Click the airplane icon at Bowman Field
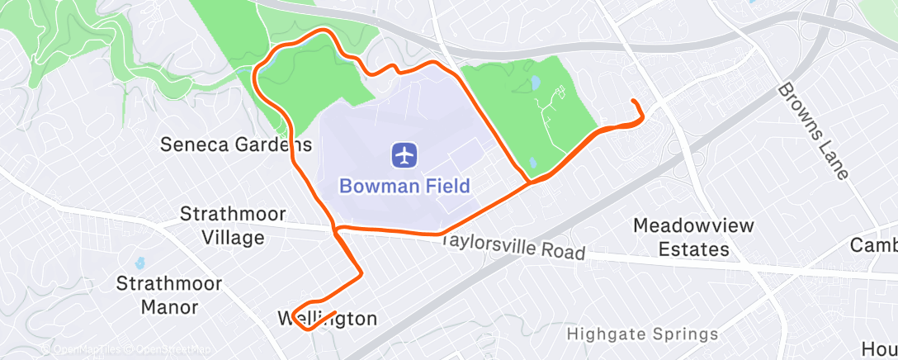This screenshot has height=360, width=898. [x=404, y=154]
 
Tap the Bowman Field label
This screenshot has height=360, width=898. [x=404, y=185]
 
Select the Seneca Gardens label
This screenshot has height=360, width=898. [x=236, y=145]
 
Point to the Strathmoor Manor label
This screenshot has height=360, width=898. [x=168, y=296]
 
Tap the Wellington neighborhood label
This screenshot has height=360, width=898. [x=327, y=319]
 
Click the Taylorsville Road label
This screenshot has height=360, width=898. [x=513, y=245]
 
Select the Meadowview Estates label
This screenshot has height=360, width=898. [x=681, y=236]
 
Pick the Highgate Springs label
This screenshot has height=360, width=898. [x=642, y=334]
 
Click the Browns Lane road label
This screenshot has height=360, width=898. [x=814, y=130]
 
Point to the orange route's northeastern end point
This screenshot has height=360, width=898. [x=634, y=101]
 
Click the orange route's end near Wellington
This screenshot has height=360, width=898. [x=335, y=313]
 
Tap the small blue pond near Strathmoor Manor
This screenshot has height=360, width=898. [x=139, y=263]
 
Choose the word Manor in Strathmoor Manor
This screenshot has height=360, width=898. [x=168, y=308]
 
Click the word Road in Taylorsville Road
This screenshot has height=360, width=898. [x=564, y=251]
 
